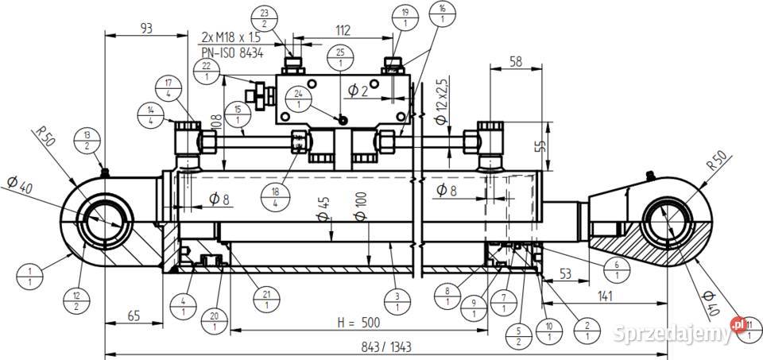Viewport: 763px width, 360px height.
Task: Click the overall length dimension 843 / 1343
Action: click(x=385, y=347)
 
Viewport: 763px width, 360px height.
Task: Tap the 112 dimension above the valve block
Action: click(x=343, y=30)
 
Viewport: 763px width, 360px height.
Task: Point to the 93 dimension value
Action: click(x=145, y=29)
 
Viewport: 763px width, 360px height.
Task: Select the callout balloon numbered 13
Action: click(x=87, y=139)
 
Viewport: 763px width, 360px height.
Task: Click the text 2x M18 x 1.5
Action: click(x=231, y=37)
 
